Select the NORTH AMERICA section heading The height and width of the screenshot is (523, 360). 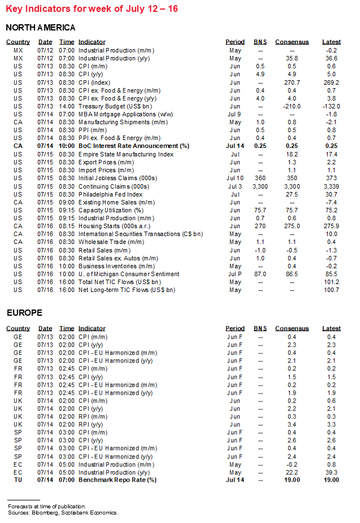click(x=40, y=28)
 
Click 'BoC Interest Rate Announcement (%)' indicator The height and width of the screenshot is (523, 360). click(x=133, y=146)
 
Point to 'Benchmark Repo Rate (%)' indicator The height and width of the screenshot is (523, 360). click(x=118, y=480)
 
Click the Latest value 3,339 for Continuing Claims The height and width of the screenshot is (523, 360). click(x=331, y=186)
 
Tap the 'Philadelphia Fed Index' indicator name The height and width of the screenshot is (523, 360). click(x=111, y=194)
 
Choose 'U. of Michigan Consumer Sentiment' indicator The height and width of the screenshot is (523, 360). click(x=128, y=274)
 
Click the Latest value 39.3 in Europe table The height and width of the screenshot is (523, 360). click(x=331, y=472)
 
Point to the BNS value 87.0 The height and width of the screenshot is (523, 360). click(x=260, y=274)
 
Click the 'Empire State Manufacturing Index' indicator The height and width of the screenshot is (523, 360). click(x=125, y=154)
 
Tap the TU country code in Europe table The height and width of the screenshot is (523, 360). click(x=18, y=480)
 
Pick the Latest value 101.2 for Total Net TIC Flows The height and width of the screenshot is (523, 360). click(x=331, y=282)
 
